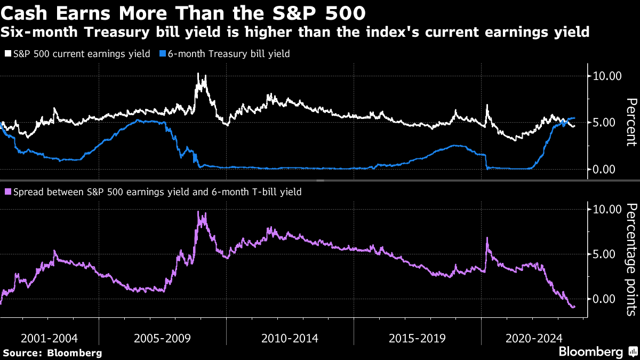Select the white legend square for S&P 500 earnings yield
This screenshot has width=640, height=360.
point(8,54)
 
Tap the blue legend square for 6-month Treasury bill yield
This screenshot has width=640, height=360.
point(163,54)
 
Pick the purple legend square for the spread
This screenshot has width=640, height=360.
point(8,191)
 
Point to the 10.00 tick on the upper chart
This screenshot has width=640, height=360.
point(607,76)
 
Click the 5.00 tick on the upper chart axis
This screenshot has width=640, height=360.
point(607,123)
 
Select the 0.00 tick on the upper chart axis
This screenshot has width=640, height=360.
point(607,169)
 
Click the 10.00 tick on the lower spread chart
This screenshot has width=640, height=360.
point(607,209)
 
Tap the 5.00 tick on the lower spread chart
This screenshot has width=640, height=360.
point(607,254)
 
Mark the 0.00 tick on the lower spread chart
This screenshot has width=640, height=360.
point(607,299)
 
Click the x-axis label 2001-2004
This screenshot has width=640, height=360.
point(50,338)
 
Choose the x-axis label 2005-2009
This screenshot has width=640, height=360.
point(163,338)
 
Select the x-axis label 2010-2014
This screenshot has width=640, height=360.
point(290,338)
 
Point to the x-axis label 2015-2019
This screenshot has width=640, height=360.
point(418,338)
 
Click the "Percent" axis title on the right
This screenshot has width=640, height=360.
point(631,122)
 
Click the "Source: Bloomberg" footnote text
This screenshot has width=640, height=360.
point(52,353)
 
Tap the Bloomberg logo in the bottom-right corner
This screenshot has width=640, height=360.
point(597,352)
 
